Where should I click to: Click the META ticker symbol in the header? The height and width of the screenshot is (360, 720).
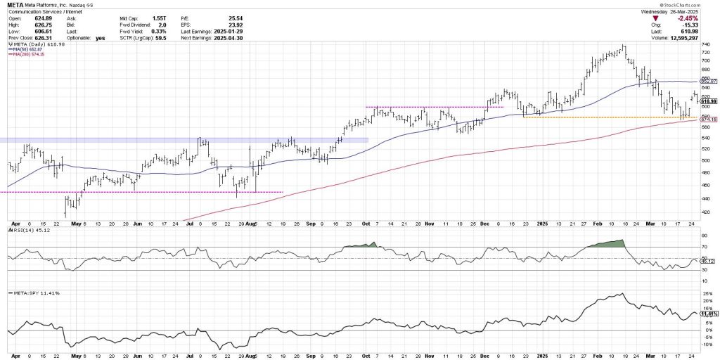coord(15,4)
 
